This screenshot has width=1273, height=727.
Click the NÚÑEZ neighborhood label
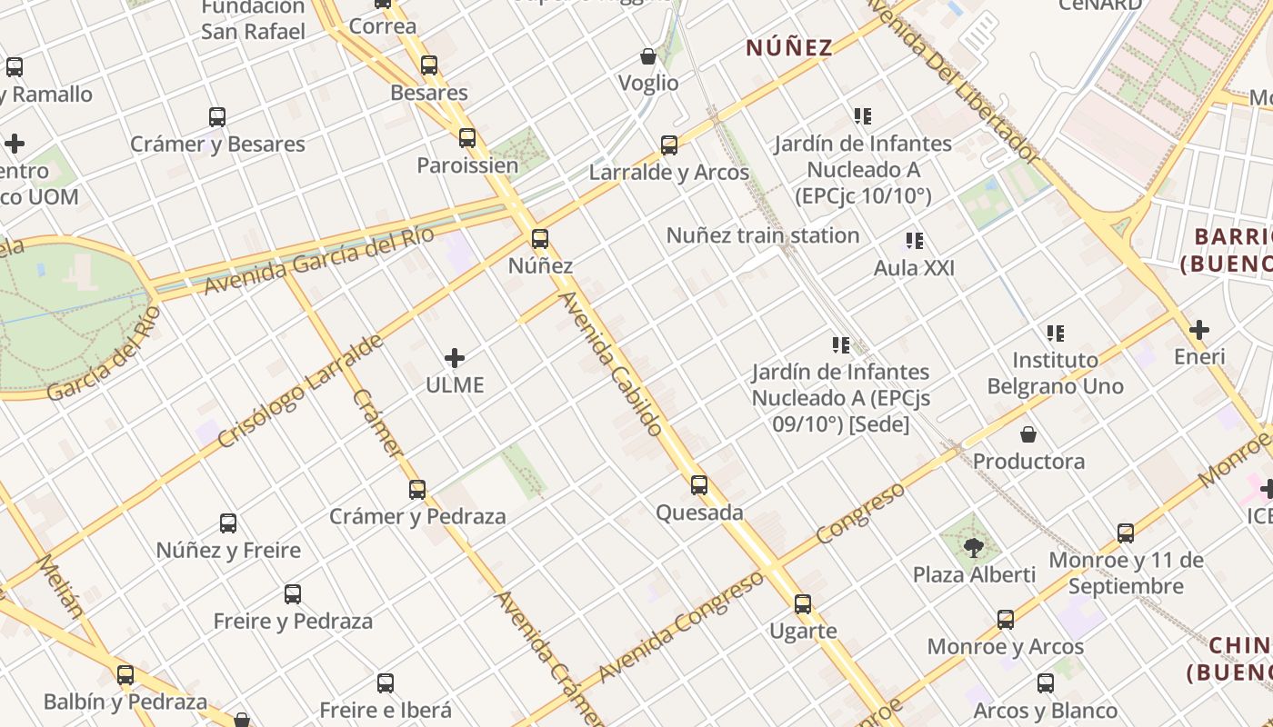pos(789,48)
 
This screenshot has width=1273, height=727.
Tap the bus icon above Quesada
pos(698,485)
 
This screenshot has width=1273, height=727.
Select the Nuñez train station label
pos(762,235)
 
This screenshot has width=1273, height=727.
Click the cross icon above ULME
pos(455,358)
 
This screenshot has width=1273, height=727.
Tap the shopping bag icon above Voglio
pos(648,56)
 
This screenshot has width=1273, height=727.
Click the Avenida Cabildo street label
pos(610,363)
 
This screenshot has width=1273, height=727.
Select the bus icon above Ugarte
pos(802,604)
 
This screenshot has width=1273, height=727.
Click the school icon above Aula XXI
pos(915,241)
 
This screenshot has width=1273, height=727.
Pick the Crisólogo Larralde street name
pos(300,391)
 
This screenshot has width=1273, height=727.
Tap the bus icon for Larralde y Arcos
pos(669,145)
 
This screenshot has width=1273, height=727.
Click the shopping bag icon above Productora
pos(1027,434)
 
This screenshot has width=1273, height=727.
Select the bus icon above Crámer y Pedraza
pos(417,490)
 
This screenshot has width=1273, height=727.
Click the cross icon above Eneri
pos(1199,330)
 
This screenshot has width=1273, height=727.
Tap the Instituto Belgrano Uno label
pos(1055,373)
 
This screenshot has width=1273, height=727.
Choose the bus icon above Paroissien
pos(467,138)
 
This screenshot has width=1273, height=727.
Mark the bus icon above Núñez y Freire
pos(228,523)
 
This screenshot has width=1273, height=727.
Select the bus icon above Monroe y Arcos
pos(1005,620)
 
